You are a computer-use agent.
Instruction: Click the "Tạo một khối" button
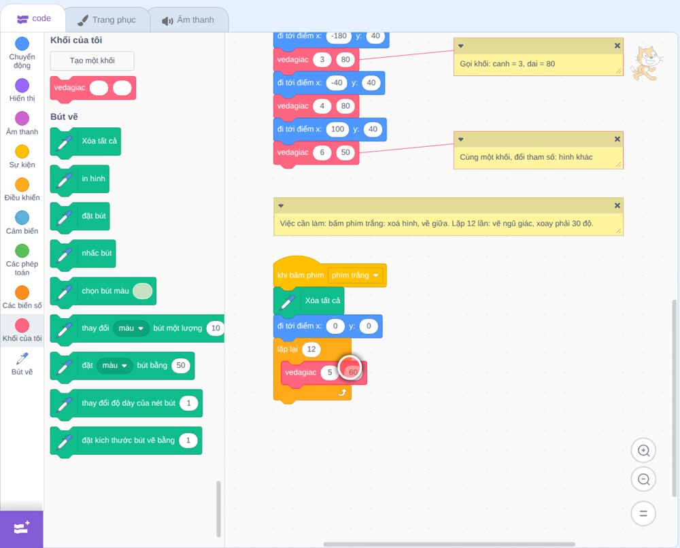[x=92, y=61]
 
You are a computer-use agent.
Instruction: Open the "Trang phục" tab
[x=107, y=20]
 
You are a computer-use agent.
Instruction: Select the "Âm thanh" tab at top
[x=188, y=20]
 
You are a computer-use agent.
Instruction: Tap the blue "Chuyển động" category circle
[x=22, y=44]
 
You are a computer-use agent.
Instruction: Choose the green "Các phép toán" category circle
[x=22, y=251]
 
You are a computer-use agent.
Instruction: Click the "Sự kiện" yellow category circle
[x=22, y=152]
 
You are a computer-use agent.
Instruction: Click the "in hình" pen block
[x=80, y=179]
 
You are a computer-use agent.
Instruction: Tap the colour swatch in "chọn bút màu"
[x=142, y=291]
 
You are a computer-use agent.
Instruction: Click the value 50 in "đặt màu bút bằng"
[x=181, y=366]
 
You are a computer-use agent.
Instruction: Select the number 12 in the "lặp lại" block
[x=311, y=349]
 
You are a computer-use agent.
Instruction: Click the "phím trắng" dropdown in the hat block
[x=355, y=275]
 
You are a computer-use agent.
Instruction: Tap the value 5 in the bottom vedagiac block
[x=330, y=373]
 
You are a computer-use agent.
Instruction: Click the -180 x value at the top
[x=339, y=36]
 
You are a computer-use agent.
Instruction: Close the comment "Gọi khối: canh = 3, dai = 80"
[x=617, y=46]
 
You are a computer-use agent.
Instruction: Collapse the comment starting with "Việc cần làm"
[x=281, y=205]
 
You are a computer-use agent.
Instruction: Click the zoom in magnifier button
[x=643, y=451]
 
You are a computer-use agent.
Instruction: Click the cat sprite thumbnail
[x=647, y=63]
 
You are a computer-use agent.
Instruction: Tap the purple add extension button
[x=22, y=529]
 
